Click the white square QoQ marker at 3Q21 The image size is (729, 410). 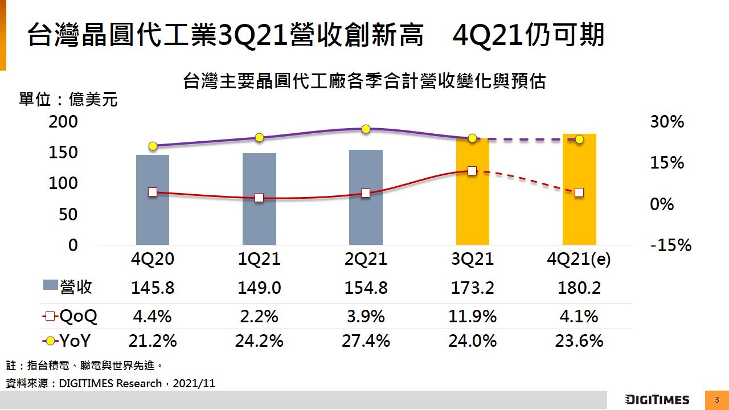[472, 171]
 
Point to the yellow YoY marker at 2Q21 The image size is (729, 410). [366, 129]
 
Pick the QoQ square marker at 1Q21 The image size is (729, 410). [259, 198]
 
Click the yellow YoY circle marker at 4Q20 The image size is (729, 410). [153, 146]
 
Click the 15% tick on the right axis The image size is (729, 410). [667, 163]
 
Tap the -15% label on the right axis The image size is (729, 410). [670, 245]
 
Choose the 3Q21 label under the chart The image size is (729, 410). [472, 260]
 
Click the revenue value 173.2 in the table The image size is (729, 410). [472, 288]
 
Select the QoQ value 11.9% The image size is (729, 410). [472, 316]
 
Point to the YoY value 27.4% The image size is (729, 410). [366, 341]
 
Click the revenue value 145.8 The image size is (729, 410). [153, 288]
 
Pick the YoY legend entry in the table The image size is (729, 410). [67, 341]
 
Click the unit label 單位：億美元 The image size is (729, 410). [68, 100]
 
